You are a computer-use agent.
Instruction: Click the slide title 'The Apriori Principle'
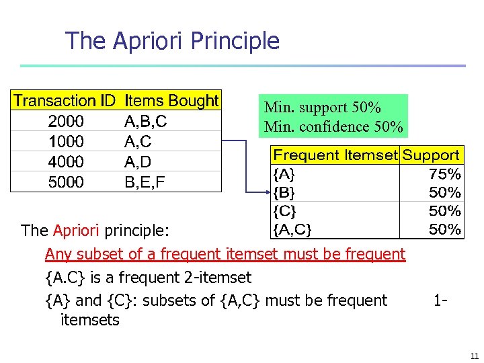point(172,41)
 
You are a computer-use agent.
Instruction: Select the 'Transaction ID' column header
point(65,101)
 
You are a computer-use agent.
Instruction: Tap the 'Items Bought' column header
point(171,101)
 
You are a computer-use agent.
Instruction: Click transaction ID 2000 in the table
point(66,122)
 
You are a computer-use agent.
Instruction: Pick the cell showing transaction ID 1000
point(66,142)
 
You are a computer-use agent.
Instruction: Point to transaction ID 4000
point(66,162)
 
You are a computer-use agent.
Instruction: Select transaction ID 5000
point(66,182)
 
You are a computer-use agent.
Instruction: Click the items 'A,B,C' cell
point(146,122)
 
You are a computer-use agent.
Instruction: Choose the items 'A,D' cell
point(138,162)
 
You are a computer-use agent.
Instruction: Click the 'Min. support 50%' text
point(323,108)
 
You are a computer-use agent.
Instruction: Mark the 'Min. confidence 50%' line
point(333,126)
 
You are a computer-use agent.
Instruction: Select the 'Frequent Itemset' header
point(335,155)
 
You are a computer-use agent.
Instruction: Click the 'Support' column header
point(431,155)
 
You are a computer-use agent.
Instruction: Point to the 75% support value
point(445,174)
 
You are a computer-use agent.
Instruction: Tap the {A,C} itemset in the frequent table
point(292,230)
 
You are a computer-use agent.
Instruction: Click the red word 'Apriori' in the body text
point(76,231)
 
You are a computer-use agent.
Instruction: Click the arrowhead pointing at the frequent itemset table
point(266,192)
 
